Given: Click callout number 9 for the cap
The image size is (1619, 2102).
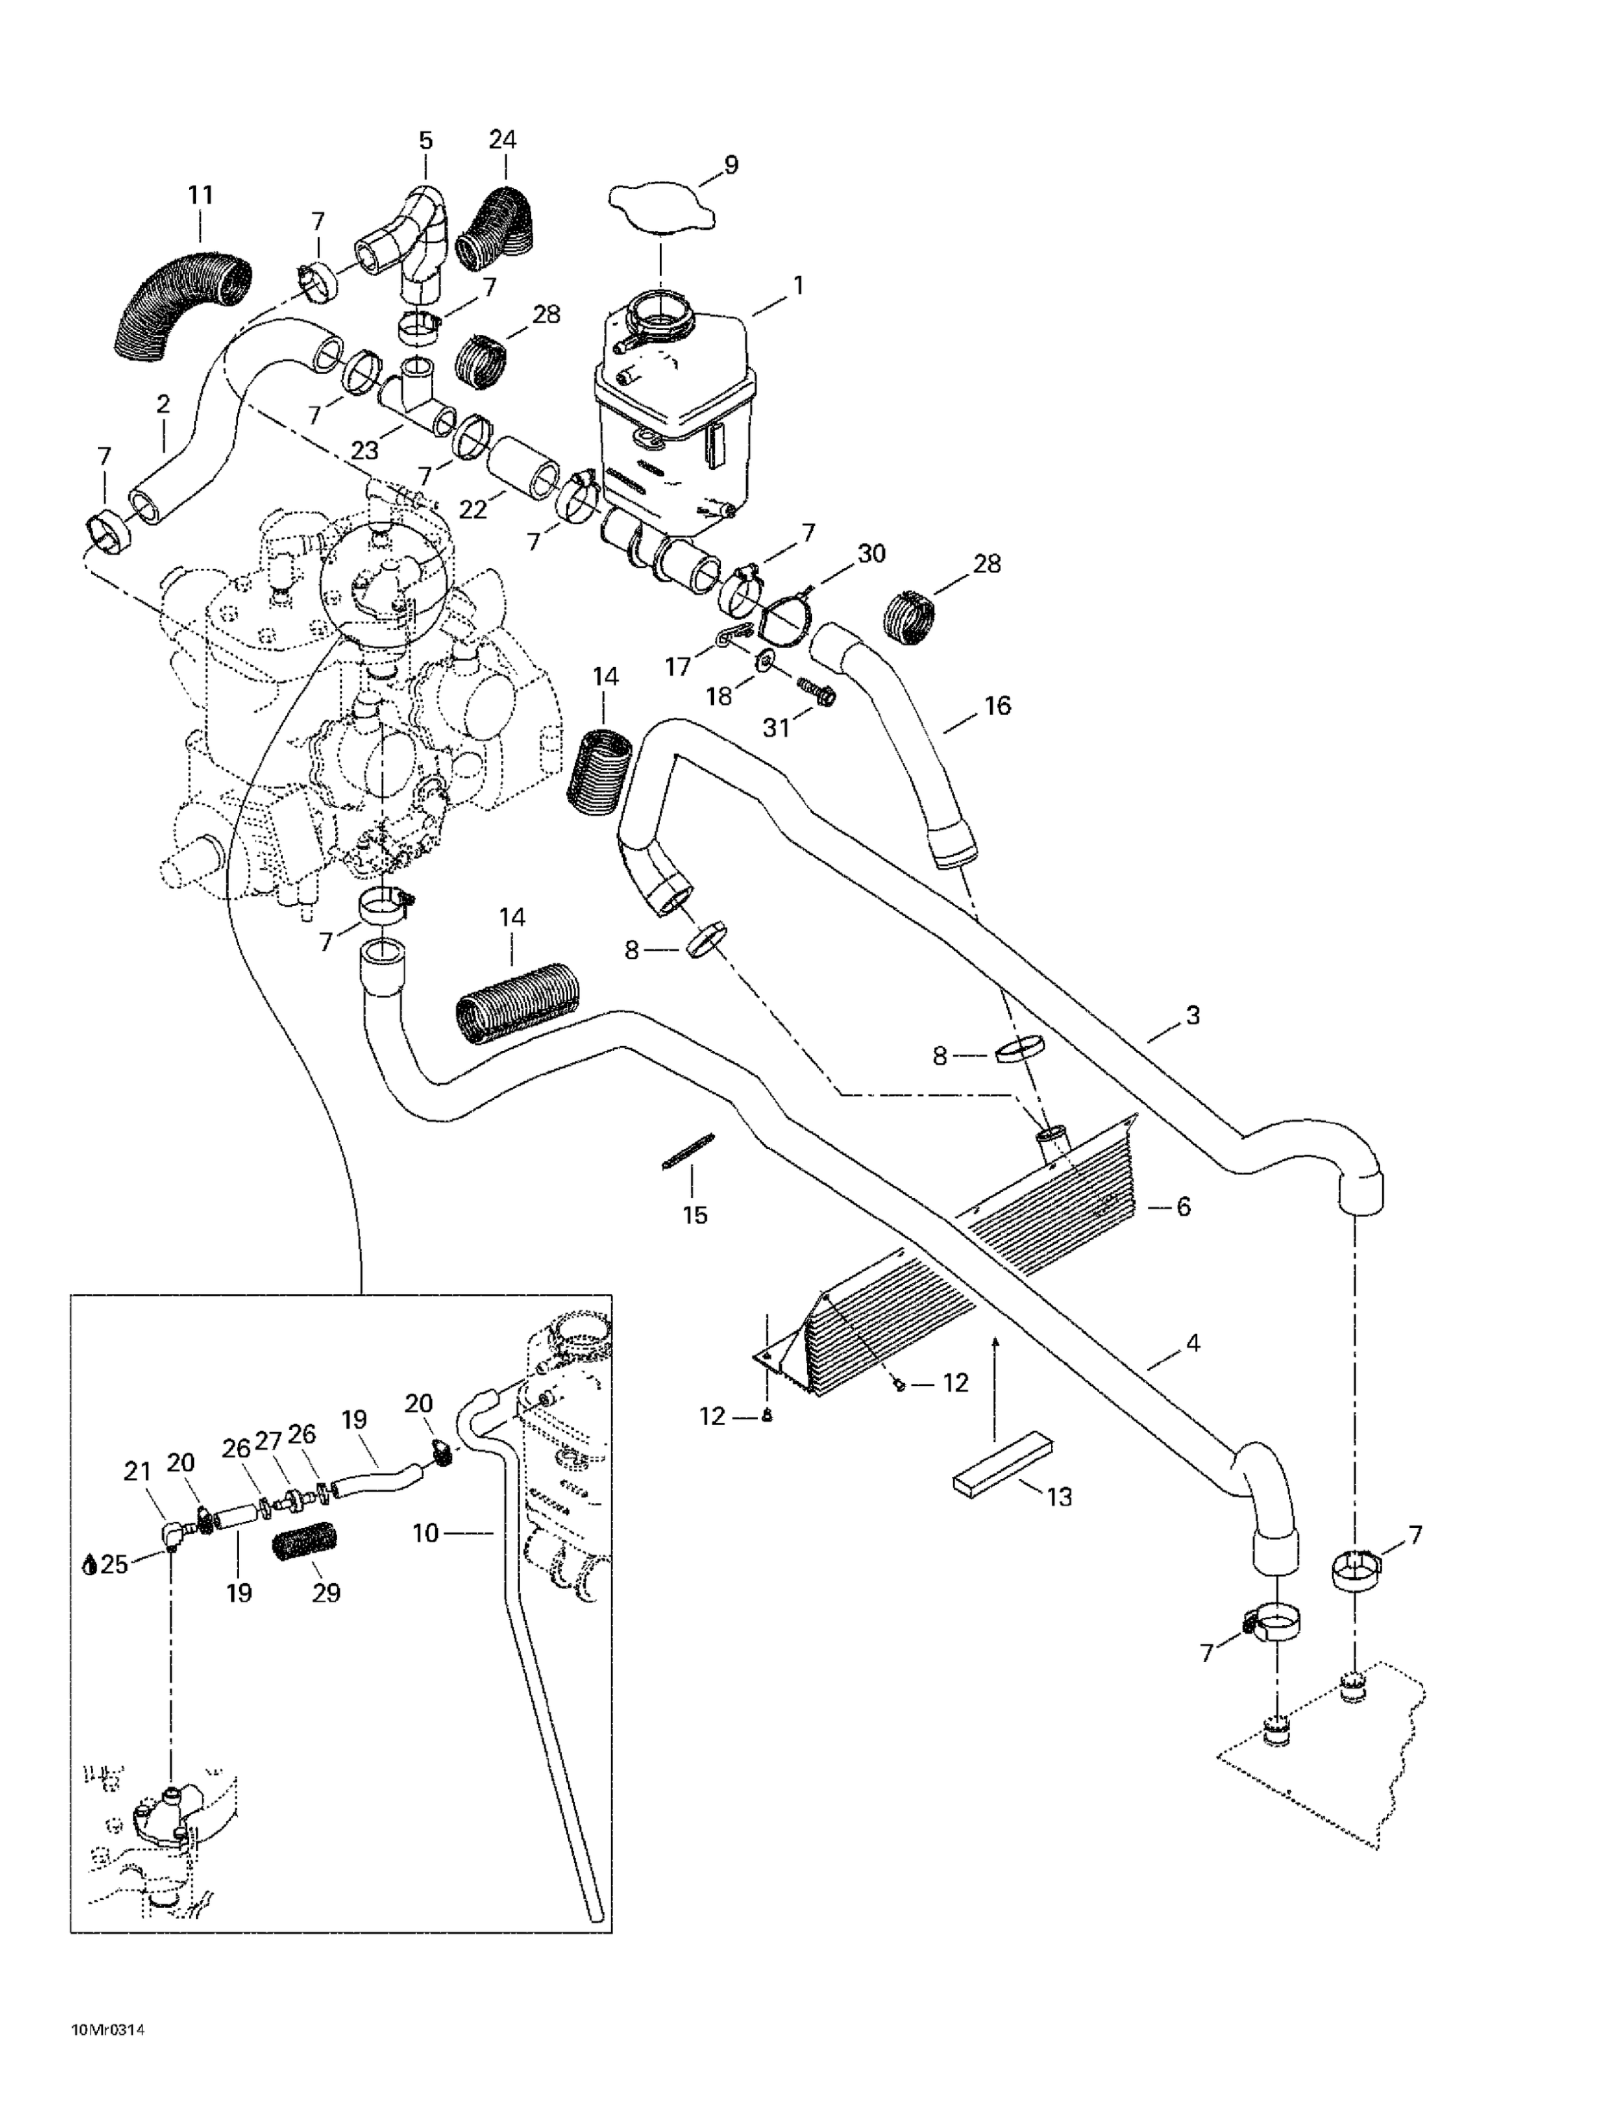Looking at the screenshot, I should pos(731,165).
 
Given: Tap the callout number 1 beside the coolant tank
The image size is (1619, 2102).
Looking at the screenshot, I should pos(797,286).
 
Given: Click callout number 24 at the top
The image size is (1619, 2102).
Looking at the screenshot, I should pos(425,141).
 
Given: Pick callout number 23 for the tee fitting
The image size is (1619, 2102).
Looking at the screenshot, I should pos(365,449).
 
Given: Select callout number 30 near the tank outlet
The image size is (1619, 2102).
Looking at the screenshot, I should pos(871,554).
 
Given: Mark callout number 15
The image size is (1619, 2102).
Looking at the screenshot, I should pos(694,1215).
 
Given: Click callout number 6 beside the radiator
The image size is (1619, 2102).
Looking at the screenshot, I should pos(1183,1206).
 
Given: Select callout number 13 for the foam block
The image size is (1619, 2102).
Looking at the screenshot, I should pos(1059,1497).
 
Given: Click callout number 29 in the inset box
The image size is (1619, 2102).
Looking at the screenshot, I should pos(326,1593).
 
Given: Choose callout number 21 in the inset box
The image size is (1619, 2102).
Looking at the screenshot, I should pos(137,1471).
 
